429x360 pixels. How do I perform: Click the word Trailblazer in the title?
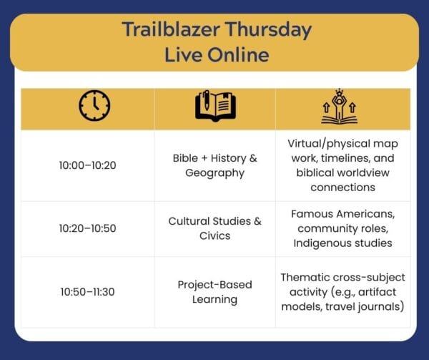[171, 29]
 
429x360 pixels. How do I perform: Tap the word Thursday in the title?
[268, 29]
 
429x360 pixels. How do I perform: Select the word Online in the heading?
[238, 55]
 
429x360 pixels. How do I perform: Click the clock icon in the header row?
[94, 105]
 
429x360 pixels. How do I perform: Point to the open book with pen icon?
[215, 106]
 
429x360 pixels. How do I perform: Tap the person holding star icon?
[339, 106]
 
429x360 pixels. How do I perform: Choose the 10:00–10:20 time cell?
[87, 165]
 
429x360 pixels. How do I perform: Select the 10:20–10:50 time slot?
[87, 228]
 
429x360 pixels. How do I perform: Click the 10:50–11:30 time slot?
[87, 292]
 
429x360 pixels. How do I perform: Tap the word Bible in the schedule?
[185, 158]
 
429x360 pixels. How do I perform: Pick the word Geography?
[214, 173]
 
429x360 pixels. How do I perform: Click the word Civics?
[214, 235]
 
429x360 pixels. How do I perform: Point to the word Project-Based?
[214, 285]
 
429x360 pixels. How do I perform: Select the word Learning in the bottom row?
[214, 299]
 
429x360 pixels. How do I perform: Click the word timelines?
[345, 158]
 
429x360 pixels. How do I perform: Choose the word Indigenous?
[320, 243]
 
